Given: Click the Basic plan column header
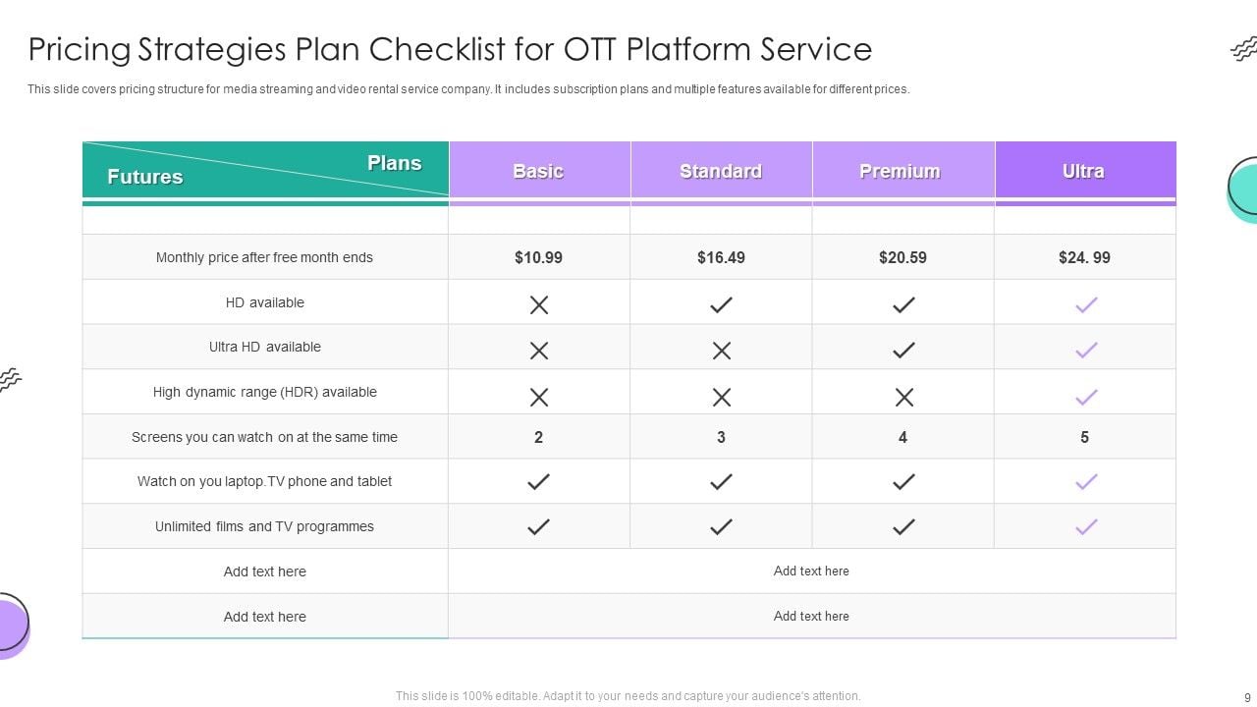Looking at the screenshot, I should click(538, 171).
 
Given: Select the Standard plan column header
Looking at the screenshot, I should click(721, 171).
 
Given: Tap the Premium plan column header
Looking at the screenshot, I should click(900, 171).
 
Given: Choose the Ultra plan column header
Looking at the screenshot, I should click(1083, 171).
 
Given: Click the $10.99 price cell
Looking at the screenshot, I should click(538, 257).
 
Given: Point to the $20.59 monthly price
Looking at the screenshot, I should click(902, 257).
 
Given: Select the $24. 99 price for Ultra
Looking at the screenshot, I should click(1084, 257).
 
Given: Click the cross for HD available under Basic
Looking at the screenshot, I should click(538, 305).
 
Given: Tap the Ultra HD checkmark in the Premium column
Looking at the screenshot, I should click(903, 351).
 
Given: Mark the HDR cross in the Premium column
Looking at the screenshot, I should click(903, 397).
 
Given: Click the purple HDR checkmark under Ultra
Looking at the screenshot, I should click(1085, 397).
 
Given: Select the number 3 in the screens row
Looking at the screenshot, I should click(721, 437).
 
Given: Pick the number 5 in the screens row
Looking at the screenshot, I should click(1084, 437).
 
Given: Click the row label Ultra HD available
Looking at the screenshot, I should click(264, 347).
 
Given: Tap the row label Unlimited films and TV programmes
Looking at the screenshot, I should click(264, 526).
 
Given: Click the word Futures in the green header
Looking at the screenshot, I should click(144, 177).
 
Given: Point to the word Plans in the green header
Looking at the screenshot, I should click(394, 163).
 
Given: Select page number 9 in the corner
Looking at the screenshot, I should click(1247, 697).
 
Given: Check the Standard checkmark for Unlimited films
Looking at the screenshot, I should click(721, 527).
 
